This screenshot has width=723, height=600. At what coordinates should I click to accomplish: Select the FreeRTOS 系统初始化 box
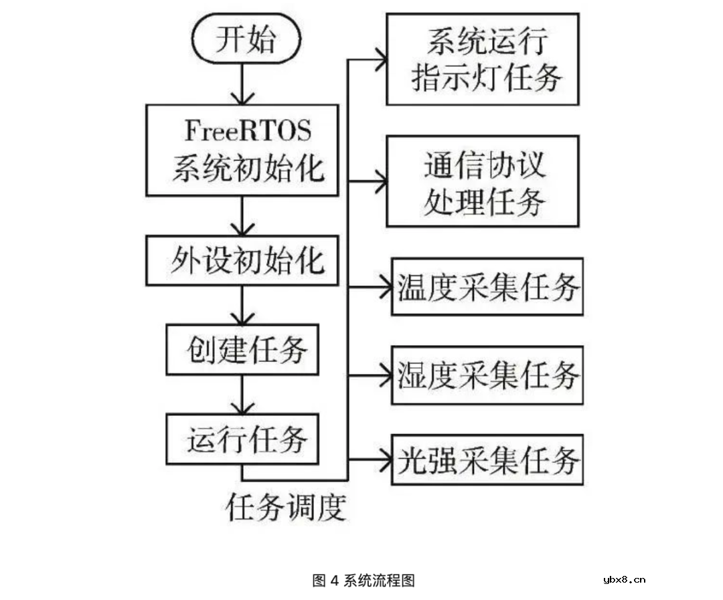coord(242,150)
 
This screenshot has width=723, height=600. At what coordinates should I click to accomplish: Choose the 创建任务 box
coord(242,350)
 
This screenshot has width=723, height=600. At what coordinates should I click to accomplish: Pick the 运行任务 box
coord(242,439)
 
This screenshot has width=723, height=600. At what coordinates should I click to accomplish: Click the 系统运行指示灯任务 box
coord(483,59)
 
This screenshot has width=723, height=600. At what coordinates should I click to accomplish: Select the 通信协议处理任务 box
coord(483,181)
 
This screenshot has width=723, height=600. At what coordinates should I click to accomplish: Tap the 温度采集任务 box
coord(487,287)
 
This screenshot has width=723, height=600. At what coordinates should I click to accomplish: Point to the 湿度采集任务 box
coord(487,375)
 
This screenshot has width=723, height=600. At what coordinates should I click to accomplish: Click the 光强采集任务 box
coord(487,461)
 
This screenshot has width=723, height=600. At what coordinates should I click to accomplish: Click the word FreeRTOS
coord(248,130)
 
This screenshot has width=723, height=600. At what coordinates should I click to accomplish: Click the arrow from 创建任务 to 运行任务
coord(242,395)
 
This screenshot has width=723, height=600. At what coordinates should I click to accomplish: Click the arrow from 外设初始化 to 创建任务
coord(242,305)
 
